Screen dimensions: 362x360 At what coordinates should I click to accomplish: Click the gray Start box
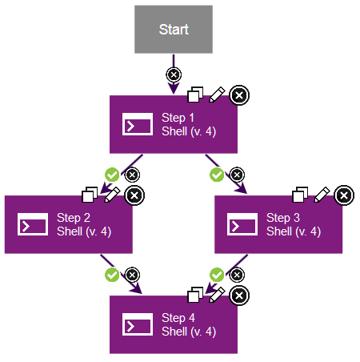tap(174, 30)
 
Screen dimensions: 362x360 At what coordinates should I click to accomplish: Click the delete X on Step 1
tap(238, 95)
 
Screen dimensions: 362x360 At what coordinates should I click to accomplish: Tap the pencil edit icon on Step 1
tap(217, 95)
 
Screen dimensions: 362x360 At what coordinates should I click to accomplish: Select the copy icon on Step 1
tap(194, 95)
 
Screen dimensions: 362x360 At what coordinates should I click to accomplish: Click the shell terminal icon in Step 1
tap(137, 125)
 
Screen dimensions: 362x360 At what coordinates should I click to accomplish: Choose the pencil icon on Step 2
tap(112, 194)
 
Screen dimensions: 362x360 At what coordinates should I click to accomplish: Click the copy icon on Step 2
tap(90, 195)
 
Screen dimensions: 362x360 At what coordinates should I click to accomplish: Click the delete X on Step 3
tap(343, 195)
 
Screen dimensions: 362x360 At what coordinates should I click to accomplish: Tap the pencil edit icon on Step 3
tap(322, 194)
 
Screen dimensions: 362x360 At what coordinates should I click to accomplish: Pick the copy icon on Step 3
tap(300, 195)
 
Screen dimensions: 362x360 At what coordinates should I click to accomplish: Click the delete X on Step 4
tap(238, 296)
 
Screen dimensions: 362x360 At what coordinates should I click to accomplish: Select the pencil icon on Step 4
tap(217, 295)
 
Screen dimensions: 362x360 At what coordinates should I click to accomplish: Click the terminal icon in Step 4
tap(137, 325)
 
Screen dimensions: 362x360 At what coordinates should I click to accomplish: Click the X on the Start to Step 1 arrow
tap(174, 74)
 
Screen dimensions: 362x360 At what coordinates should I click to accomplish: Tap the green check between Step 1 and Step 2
tap(112, 174)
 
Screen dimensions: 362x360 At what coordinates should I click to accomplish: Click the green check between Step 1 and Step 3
tap(216, 174)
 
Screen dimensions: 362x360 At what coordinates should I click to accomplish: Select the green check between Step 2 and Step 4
tap(112, 275)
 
